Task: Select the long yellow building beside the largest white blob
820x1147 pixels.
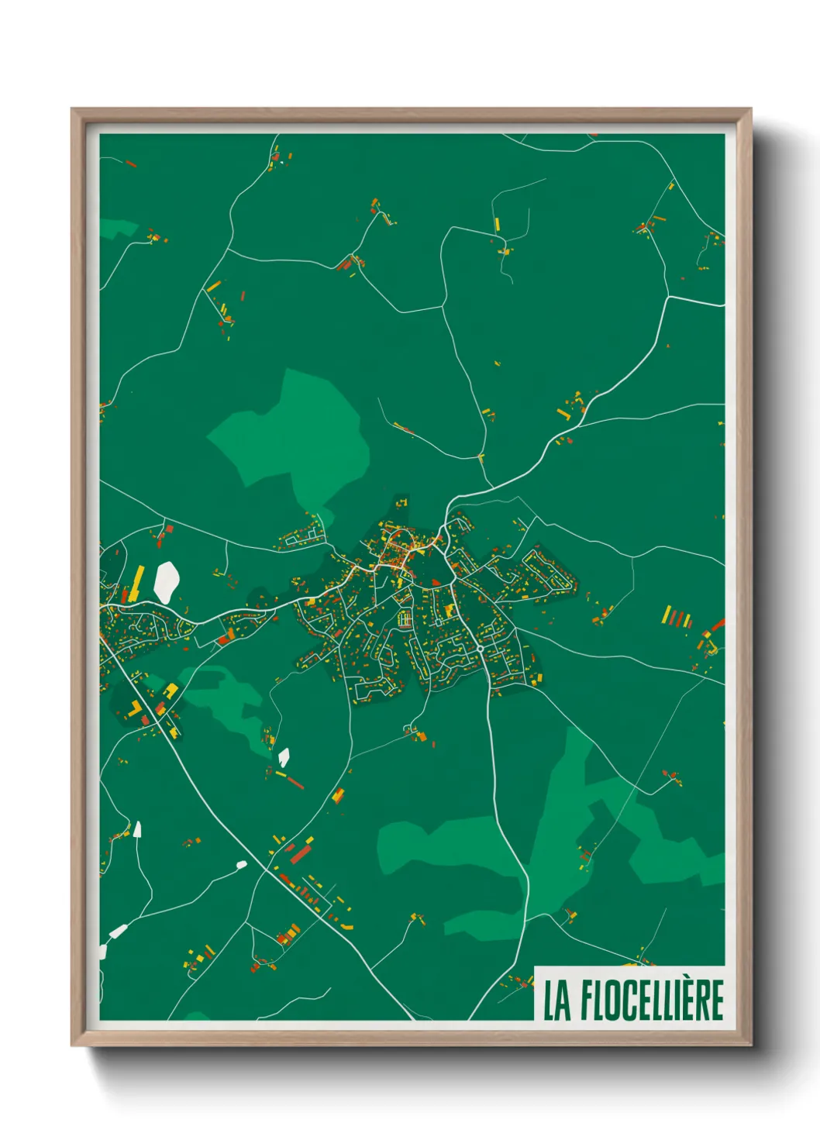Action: tap(137, 583)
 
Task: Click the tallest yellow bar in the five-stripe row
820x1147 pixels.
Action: tap(666, 615)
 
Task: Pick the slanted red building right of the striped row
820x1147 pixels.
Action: tap(715, 625)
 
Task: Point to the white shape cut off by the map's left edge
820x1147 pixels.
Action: tap(102, 950)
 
